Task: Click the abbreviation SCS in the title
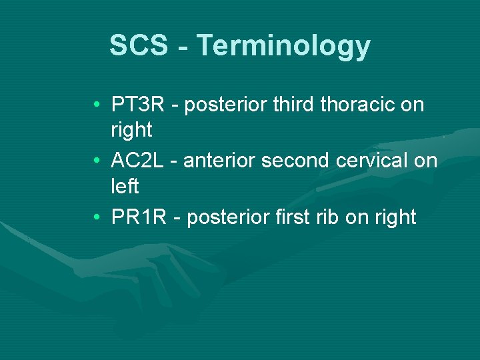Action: click(x=137, y=46)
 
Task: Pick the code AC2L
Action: click(x=139, y=161)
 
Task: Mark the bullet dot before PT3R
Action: click(x=97, y=105)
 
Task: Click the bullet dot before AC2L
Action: click(x=97, y=161)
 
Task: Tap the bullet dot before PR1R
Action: click(x=97, y=217)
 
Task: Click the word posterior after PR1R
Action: click(x=227, y=217)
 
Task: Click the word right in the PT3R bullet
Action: click(x=131, y=130)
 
